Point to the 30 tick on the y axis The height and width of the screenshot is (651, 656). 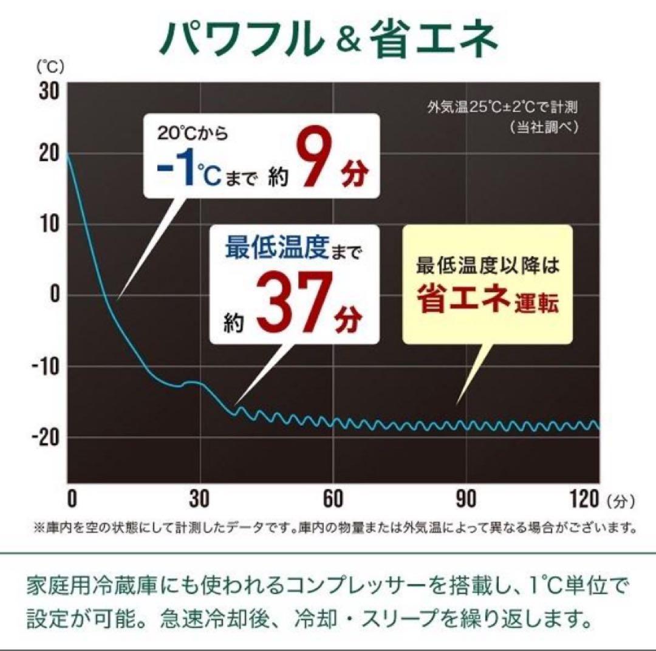click(49, 92)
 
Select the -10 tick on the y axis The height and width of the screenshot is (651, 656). click(45, 366)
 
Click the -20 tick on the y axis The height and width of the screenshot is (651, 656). click(45, 437)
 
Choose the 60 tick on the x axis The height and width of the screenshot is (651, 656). click(333, 499)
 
